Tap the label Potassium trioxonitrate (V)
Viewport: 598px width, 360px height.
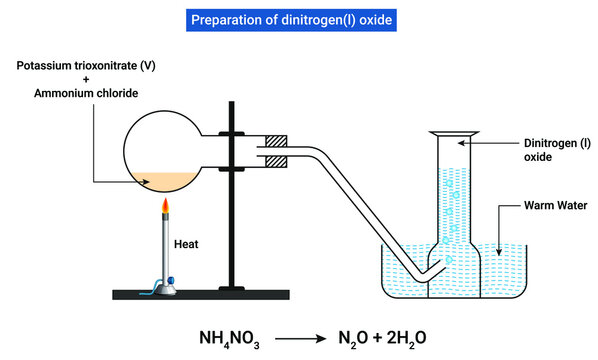79,66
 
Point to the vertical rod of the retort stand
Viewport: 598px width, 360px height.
235,200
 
